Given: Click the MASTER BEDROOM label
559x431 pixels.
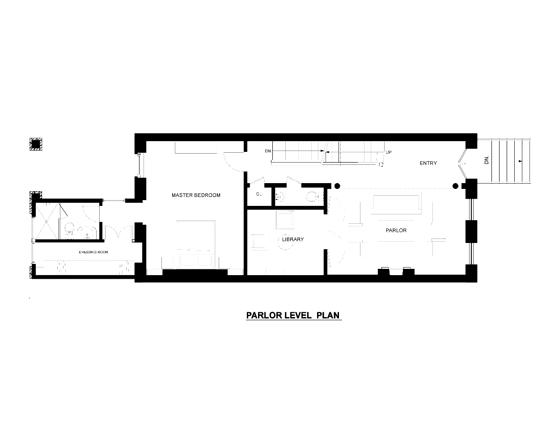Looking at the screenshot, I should click(x=196, y=195).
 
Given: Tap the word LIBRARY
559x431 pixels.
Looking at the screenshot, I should click(x=293, y=239).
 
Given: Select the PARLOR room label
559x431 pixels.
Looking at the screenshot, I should click(x=396, y=230).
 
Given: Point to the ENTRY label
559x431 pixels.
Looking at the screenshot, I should click(x=428, y=163).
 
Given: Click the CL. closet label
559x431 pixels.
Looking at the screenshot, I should click(x=259, y=194).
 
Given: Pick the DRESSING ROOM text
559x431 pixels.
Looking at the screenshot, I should click(x=93, y=252).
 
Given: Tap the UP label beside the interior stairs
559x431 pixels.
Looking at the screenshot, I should click(x=389, y=152).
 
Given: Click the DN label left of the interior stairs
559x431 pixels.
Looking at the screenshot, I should click(x=268, y=151).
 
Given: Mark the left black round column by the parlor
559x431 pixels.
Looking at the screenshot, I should click(x=337, y=186).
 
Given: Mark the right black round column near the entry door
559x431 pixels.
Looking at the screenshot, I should click(x=455, y=186).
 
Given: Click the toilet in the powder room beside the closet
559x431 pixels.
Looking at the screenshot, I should click(x=312, y=196).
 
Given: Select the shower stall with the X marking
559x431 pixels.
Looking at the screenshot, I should click(x=47, y=222).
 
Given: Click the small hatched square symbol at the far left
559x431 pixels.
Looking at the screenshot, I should click(x=35, y=144).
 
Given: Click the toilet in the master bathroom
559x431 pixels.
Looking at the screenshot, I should click(x=69, y=230).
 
